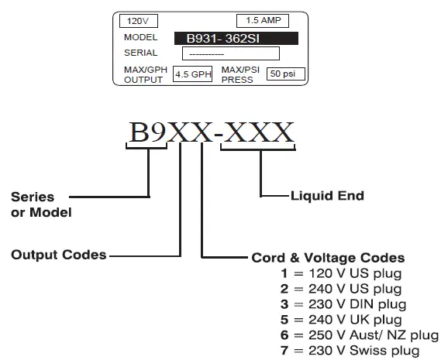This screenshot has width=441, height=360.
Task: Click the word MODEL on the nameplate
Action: [x=140, y=37]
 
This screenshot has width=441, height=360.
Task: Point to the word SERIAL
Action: [x=140, y=53]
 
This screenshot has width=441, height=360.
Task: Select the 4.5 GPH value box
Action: [x=192, y=74]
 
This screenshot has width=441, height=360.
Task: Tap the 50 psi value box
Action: [x=285, y=74]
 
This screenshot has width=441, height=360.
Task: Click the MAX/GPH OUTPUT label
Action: [x=143, y=74]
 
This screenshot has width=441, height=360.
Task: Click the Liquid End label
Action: [x=326, y=196]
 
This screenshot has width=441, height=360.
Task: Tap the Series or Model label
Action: [x=41, y=204]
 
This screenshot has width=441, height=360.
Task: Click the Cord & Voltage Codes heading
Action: [x=328, y=258]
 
